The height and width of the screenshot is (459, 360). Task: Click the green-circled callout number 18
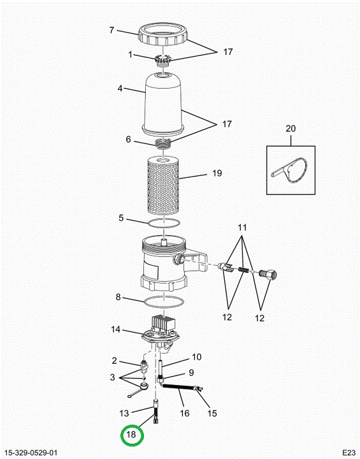131,434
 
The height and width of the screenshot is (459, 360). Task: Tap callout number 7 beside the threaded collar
112,30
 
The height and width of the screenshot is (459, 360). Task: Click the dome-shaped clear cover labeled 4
162,105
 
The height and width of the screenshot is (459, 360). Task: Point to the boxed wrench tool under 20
291,170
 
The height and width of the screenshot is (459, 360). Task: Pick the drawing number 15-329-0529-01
31,453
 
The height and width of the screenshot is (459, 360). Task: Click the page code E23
349,452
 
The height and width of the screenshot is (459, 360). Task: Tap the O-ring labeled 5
164,223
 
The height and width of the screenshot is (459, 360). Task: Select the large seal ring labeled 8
164,302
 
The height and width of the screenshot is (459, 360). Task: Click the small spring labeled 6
163,144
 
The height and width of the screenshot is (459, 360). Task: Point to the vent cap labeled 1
162,61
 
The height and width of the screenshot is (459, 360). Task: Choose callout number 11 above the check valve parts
242,228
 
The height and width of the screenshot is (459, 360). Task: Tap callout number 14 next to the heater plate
115,330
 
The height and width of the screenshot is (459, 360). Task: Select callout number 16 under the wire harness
185,413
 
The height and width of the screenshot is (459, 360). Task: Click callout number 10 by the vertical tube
197,357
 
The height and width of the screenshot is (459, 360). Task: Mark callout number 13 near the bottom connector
124,413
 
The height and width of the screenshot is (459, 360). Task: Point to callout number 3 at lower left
112,377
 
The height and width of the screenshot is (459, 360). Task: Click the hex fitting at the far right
268,275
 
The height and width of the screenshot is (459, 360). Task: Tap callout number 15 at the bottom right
212,413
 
